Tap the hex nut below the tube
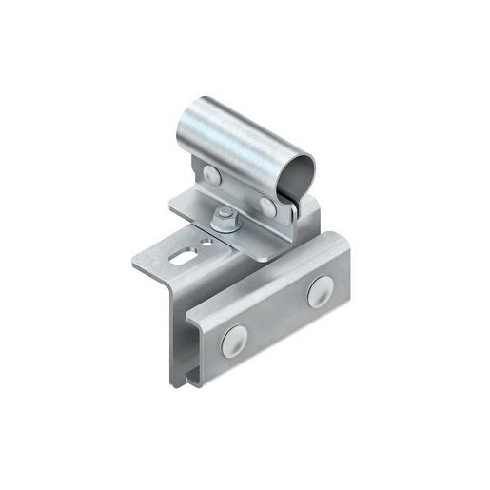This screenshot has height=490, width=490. pos(224,221)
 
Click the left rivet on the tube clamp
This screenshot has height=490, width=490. pos(210,173)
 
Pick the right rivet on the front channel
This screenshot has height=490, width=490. pos(320,292)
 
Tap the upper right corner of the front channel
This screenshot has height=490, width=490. pos(348,236)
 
